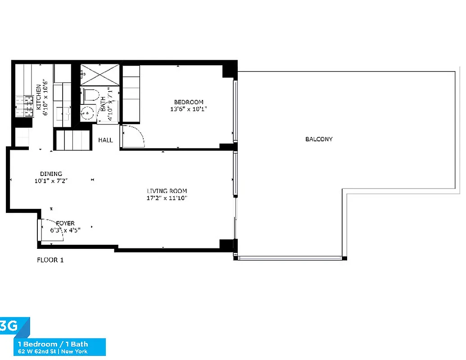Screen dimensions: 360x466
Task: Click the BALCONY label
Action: pos(319,139)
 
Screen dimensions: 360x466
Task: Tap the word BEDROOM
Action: pos(189,102)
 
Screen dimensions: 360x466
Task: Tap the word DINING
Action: pos(51,174)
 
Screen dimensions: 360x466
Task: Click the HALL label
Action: pos(105,140)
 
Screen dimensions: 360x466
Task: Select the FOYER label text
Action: pos(65,223)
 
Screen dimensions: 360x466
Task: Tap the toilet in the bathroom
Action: pos(90,96)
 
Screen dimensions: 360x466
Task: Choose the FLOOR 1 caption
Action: pos(50,260)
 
